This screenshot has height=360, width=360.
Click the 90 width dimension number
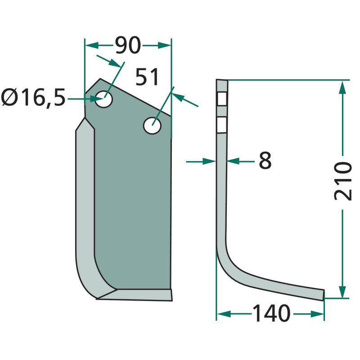pos(128,45)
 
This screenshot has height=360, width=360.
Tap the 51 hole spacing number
pos(147,77)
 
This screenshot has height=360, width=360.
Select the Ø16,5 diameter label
pos(33,98)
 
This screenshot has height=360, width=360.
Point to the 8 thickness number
pos(265,160)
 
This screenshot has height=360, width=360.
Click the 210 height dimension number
pos(342,181)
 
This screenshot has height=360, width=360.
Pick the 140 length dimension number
pos(271,313)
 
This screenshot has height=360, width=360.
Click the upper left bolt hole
pos(104,99)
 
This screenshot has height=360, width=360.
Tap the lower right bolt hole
pos(152,126)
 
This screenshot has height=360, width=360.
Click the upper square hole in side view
pos(222,99)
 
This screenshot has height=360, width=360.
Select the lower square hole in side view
pos(222,125)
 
